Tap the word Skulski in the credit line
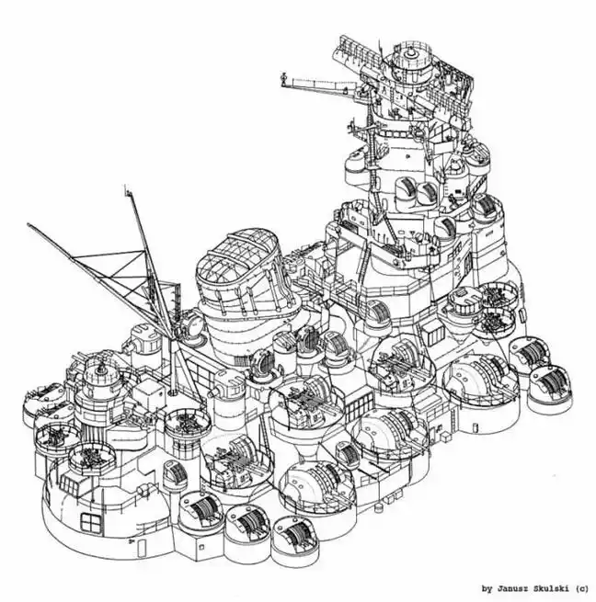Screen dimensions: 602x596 pyautogui.click(x=547, y=588)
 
